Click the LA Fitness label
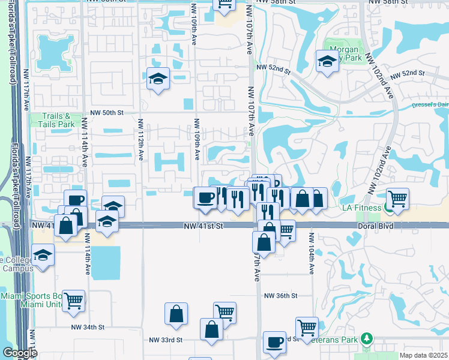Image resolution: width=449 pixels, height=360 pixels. tap(361, 208)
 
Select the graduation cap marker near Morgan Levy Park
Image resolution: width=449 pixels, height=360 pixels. tap(327, 61)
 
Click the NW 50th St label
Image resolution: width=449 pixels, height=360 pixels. tap(107, 112)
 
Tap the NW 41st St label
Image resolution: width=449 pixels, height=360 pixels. tap(203, 226)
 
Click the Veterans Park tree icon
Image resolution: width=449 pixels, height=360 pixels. tap(367, 339)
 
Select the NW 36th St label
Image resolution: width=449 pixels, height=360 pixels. tap(281, 296)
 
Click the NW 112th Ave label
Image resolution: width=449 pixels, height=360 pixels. tap(140, 139)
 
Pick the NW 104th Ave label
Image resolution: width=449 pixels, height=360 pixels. tap(312, 260)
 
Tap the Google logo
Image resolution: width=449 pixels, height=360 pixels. tap(20, 353)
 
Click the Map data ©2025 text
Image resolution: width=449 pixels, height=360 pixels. tap(424, 355)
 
